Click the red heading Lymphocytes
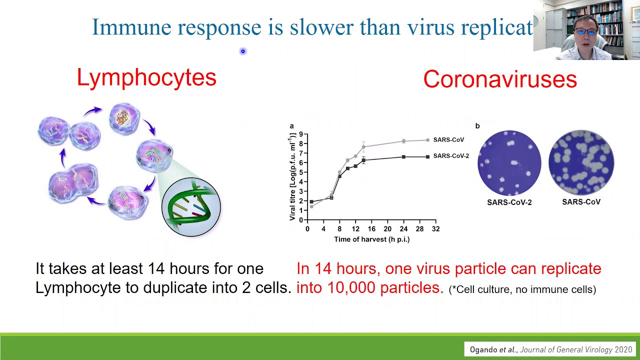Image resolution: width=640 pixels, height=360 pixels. [146, 77]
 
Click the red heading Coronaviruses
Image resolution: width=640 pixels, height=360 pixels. [500, 79]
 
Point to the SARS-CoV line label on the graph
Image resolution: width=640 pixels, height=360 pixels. [448, 139]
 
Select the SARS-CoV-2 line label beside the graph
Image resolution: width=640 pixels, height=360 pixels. [451, 155]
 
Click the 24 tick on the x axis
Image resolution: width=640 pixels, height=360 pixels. [403, 229]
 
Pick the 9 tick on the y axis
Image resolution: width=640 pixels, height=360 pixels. [301, 134]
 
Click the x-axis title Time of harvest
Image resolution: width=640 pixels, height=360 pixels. [371, 239]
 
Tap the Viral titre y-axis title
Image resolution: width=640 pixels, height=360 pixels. [292, 177]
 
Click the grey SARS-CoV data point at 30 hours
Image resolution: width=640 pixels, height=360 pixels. [427, 140]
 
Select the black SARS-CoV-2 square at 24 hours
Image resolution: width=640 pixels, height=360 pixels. [403, 157]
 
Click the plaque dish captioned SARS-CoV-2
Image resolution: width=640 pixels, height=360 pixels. [509, 163]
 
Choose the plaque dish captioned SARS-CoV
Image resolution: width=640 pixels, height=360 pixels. [581, 162]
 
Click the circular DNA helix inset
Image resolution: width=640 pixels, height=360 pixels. [191, 207]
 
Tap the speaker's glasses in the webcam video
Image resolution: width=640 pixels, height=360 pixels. [585, 31]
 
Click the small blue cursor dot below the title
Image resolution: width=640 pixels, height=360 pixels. [243, 51]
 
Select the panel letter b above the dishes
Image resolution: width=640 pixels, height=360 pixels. [477, 126]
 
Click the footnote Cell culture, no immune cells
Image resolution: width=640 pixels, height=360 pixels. [522, 289]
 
